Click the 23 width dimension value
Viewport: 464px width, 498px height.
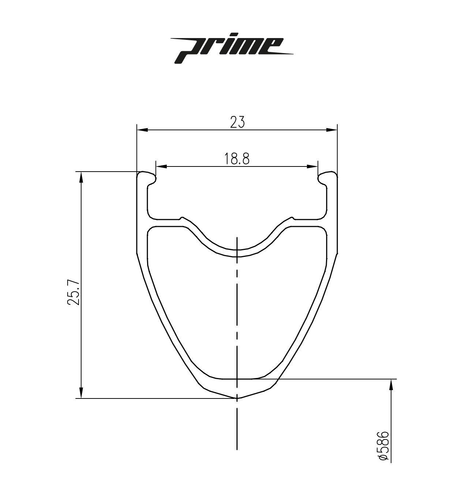tap(237, 122)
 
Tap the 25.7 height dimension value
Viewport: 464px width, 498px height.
tap(73, 293)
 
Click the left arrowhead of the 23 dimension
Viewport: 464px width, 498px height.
tap(141, 130)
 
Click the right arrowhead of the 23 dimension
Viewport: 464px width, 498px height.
tap(332, 130)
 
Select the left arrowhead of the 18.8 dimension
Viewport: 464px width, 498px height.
tap(161, 167)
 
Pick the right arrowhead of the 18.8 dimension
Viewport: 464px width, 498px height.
tap(313, 167)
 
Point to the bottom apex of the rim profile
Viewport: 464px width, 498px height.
tap(237, 397)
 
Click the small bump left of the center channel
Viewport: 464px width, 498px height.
tap(182, 218)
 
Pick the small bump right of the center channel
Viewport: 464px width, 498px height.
tap(292, 218)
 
